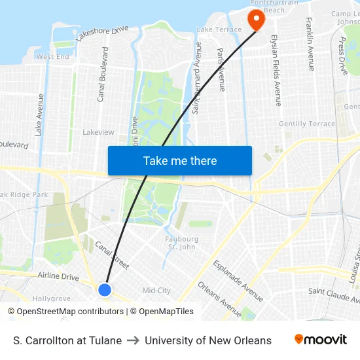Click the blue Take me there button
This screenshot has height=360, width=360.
click(180, 160)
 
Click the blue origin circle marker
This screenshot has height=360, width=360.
click(105, 289)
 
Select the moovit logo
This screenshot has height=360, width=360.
click(321, 340)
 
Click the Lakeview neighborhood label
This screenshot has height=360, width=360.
click(98, 132)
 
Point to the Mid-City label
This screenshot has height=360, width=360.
click(156, 291)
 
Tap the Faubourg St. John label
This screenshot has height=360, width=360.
click(182, 243)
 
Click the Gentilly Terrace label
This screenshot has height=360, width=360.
click(307, 124)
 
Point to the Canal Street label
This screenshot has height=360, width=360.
click(112, 255)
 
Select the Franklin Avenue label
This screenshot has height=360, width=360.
click(310, 44)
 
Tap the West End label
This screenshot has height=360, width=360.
click(53, 57)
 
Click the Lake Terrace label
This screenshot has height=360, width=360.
click(219, 30)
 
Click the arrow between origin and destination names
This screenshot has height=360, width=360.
click(133, 340)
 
